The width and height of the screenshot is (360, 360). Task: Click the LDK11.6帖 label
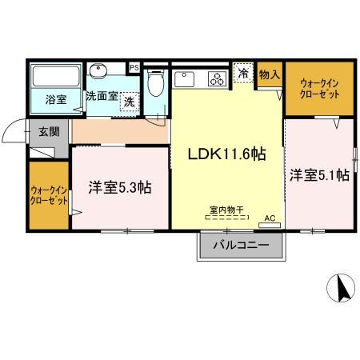click(226, 155)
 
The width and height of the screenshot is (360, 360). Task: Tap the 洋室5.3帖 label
click(120, 188)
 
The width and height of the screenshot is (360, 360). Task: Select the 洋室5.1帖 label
click(319, 174)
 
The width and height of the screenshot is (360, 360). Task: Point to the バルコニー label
click(241, 246)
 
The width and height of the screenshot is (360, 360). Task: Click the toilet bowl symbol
click(157, 82)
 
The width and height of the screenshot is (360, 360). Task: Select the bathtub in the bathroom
click(54, 77)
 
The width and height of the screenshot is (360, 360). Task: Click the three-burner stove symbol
click(217, 78)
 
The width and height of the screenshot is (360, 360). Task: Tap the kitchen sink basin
click(182, 78)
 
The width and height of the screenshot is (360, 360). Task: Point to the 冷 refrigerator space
click(243, 74)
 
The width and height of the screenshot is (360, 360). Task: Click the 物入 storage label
click(270, 74)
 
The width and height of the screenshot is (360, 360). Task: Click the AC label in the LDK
click(270, 218)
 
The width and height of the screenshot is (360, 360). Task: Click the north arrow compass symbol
click(341, 286)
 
